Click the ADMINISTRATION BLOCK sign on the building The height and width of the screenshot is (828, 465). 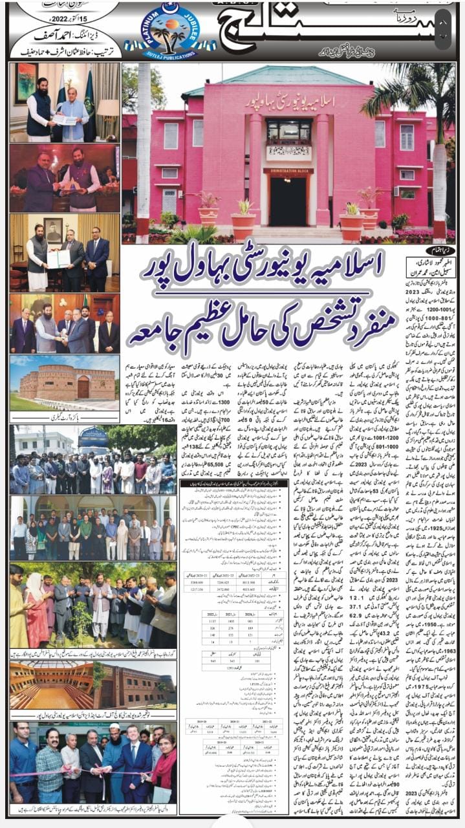click(288, 171)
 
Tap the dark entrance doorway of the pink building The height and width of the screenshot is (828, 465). click(288, 201)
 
